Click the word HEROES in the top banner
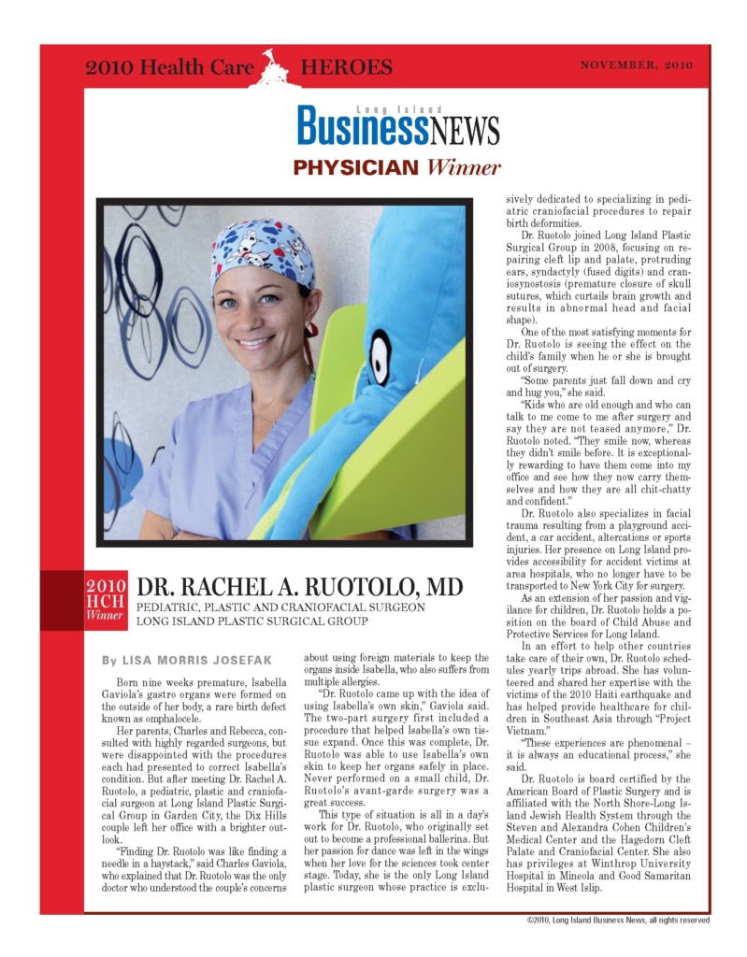(x=346, y=68)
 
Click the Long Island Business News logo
(x=399, y=125)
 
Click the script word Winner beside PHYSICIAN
(x=465, y=168)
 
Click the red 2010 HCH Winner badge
(x=105, y=603)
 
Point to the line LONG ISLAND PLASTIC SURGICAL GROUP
(x=252, y=621)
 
